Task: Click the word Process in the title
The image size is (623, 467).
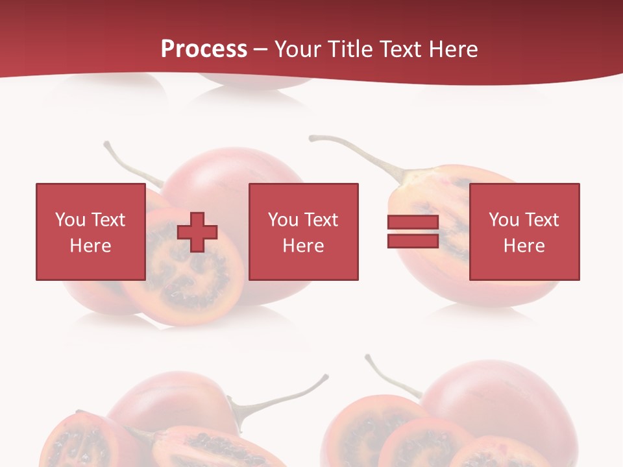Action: (x=204, y=49)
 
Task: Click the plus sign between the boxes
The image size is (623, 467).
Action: (x=197, y=232)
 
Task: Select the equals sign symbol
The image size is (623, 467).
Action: (x=413, y=232)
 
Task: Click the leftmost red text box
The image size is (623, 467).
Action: (x=90, y=232)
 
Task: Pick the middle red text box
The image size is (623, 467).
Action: (x=303, y=232)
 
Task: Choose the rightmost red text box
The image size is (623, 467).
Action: (x=524, y=232)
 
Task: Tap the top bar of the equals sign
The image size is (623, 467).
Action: (x=413, y=222)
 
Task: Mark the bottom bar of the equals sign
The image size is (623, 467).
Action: (x=413, y=241)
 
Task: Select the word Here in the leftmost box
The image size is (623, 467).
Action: (x=90, y=245)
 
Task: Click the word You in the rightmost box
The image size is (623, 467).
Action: (x=503, y=220)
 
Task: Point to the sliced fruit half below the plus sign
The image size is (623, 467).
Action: (x=188, y=285)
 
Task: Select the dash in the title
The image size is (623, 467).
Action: (x=261, y=50)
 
